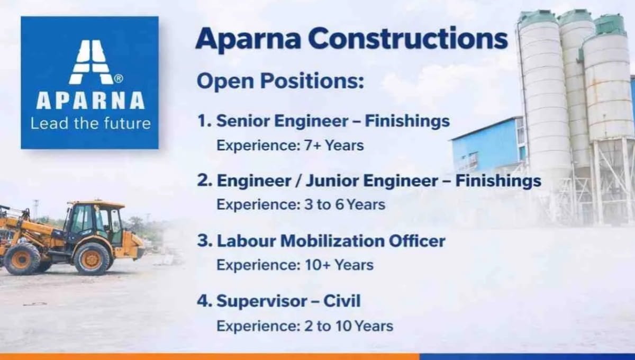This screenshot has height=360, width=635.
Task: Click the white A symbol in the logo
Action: pyautogui.click(x=90, y=62)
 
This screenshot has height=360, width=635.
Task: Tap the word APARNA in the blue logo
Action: pyautogui.click(x=90, y=101)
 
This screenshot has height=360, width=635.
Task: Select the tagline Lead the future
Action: pyautogui.click(x=90, y=124)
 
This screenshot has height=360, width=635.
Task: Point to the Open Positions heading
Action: pyautogui.click(x=280, y=82)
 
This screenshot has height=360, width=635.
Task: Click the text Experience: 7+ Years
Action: pyautogui.click(x=290, y=145)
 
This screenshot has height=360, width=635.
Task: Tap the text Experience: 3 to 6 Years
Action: pyautogui.click(x=301, y=204)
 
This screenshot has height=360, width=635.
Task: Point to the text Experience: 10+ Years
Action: pyautogui.click(x=295, y=265)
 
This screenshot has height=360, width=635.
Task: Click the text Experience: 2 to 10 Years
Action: pyautogui.click(x=305, y=325)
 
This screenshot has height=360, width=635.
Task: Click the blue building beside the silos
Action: pyautogui.click(x=484, y=146)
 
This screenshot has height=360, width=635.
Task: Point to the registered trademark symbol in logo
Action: pyautogui.click(x=119, y=78)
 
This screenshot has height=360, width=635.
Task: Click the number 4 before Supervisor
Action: pyautogui.click(x=202, y=302)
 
